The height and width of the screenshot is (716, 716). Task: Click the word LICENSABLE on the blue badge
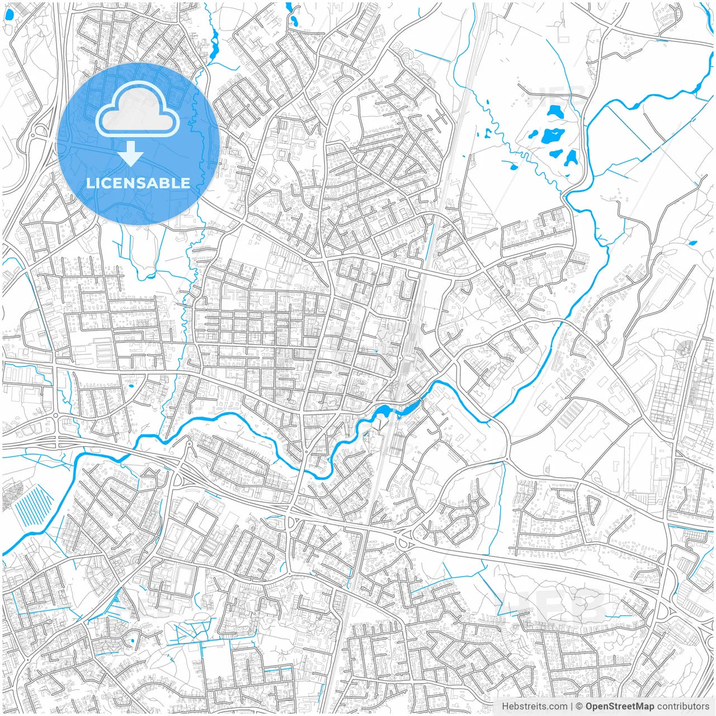[x=138, y=183]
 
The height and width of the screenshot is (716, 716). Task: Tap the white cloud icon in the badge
[x=138, y=110]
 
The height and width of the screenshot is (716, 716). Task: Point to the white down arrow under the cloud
[x=131, y=153]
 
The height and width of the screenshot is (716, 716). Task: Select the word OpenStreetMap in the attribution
[x=619, y=706]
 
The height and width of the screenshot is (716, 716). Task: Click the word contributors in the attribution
[x=682, y=706]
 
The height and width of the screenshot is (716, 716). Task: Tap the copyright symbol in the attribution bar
[x=580, y=706]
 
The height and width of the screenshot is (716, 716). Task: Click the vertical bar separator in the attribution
[x=572, y=706]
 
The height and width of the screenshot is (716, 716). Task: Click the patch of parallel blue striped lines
[x=34, y=506]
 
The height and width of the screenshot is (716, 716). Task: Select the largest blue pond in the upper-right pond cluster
[x=553, y=135]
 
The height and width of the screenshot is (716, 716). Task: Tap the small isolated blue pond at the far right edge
[x=694, y=243]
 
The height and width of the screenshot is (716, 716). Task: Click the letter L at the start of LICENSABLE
[x=89, y=183]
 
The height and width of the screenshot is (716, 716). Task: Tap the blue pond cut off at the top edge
[x=289, y=6]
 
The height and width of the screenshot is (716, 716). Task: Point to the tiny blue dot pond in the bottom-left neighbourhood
[x=132, y=641]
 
